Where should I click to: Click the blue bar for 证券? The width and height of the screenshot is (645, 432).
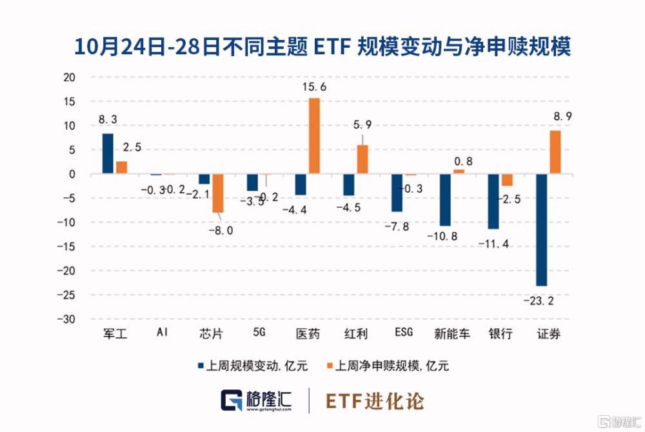pyautogui.click(x=541, y=230)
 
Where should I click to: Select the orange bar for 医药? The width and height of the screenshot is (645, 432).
pyautogui.click(x=314, y=136)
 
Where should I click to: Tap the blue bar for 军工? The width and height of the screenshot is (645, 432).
pyautogui.click(x=108, y=153)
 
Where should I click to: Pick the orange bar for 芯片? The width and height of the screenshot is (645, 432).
pyautogui.click(x=218, y=193)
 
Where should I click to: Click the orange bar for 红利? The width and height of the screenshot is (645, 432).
pyautogui.click(x=362, y=159)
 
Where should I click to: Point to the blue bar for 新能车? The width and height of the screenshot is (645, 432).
pyautogui.click(x=445, y=200)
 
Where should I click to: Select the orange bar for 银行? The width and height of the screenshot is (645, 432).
pyautogui.click(x=507, y=180)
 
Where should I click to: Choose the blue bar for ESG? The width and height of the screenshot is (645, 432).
pyautogui.click(x=397, y=193)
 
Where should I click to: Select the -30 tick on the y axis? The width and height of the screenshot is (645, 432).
pyautogui.click(x=66, y=320)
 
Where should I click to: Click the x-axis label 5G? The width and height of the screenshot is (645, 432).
pyautogui.click(x=259, y=333)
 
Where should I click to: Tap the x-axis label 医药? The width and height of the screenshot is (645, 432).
pyautogui.click(x=307, y=333)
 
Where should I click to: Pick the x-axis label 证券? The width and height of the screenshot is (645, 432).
pyautogui.click(x=548, y=333)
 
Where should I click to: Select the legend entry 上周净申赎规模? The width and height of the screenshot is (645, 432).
pyautogui.click(x=387, y=366)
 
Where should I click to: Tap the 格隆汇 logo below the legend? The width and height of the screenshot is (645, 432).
pyautogui.click(x=256, y=400)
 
